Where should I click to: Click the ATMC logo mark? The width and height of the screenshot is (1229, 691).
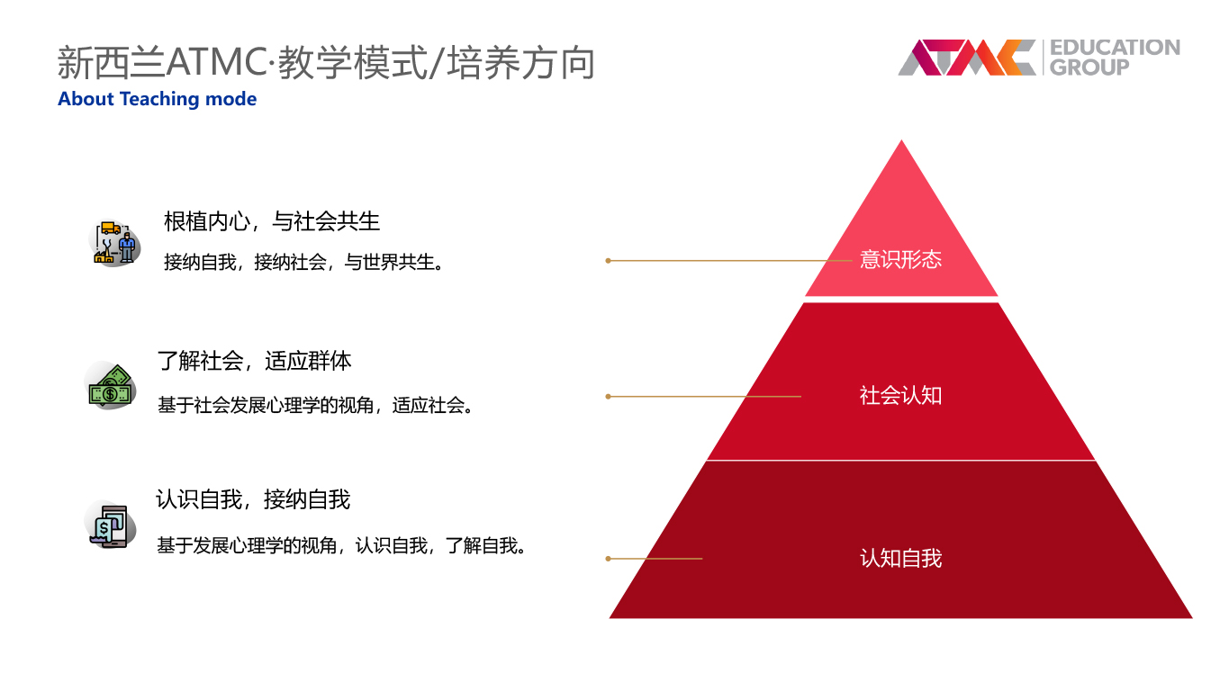click(x=967, y=58)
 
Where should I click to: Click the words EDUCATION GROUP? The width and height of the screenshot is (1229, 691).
click(x=1115, y=58)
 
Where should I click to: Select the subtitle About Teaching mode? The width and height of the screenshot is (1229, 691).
click(x=158, y=99)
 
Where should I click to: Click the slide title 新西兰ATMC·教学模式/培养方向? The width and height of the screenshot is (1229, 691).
click(x=326, y=62)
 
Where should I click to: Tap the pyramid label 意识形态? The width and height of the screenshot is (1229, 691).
click(x=900, y=259)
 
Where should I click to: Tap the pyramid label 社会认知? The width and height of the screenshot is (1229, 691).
click(x=900, y=395)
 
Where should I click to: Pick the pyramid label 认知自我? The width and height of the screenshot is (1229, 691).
click(x=900, y=558)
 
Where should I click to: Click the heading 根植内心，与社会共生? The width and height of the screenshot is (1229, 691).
click(x=272, y=221)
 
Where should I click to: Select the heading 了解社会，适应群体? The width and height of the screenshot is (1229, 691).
click(x=254, y=361)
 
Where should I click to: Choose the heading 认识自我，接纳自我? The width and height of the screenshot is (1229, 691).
click(x=253, y=499)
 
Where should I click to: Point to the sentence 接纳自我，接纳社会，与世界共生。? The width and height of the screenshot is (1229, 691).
click(x=305, y=262)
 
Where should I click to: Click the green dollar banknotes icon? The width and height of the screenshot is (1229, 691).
click(x=110, y=386)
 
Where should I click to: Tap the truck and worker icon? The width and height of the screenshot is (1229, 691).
click(x=114, y=243)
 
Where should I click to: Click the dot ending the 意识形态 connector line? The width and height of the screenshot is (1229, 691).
click(x=608, y=261)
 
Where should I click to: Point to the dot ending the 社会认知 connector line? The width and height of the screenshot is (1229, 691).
click(x=608, y=397)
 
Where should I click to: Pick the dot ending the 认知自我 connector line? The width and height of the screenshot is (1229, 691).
click(x=608, y=559)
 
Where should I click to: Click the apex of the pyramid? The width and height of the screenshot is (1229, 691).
click(x=901, y=140)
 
